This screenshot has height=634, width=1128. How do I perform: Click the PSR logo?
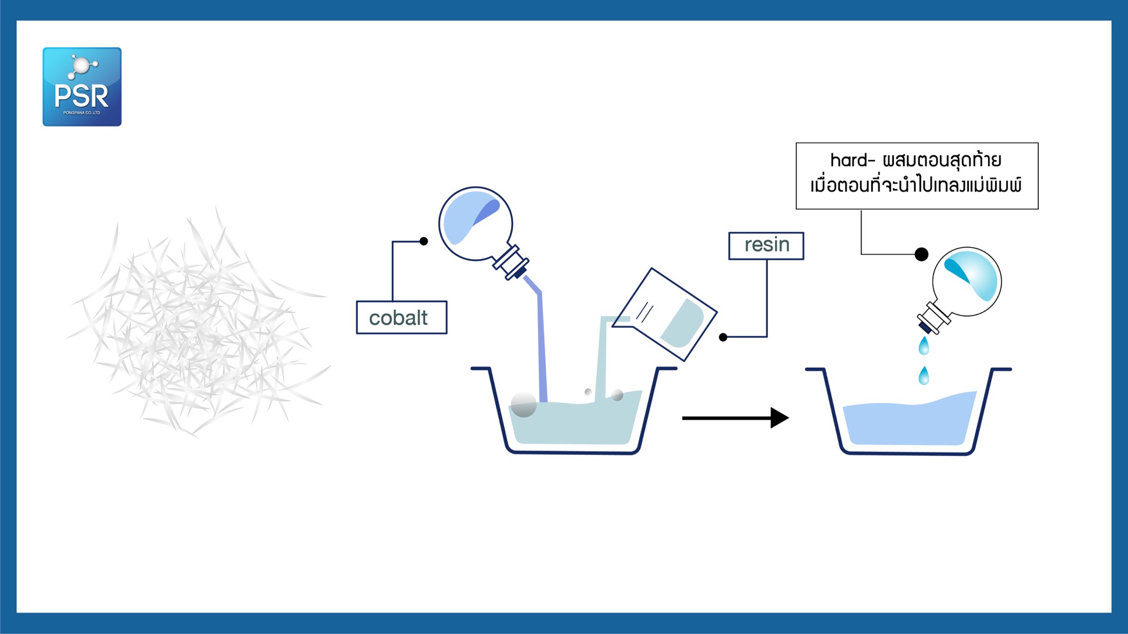pos(82,87)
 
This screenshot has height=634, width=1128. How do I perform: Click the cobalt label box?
pos(401,318)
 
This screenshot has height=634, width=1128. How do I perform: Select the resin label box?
pos(766,245)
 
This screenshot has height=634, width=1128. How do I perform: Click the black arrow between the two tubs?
pos(734,418)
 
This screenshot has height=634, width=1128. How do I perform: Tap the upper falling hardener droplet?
pos(924,346)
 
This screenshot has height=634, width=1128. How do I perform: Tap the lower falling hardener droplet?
pos(924,375)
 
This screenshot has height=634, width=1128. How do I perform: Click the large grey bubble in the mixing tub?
pos(523,404)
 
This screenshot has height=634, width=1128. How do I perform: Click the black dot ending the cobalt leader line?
pos(424,241)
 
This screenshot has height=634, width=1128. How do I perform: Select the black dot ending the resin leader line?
pos(723,337)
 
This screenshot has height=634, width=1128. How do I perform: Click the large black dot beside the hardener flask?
pos(921,254)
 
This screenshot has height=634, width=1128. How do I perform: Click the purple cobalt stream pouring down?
pos(541,347)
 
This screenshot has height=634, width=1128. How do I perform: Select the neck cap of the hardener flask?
pos(933,318)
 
